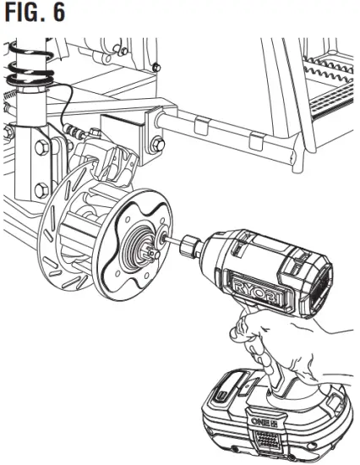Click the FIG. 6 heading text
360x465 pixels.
35,14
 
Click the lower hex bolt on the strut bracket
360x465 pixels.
38,191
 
